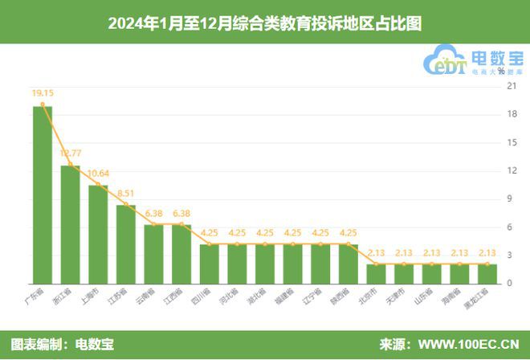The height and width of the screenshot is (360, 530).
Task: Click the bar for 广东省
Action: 43,195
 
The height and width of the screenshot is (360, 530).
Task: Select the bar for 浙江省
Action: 71,225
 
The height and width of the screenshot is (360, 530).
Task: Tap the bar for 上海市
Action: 98,235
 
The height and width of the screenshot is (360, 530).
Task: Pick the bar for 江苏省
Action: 126,244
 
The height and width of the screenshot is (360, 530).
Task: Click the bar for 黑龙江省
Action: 487,274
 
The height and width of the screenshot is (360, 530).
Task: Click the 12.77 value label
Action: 72,153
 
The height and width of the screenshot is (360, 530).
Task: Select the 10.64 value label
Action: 100,173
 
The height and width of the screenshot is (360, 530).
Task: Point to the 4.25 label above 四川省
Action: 210,233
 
